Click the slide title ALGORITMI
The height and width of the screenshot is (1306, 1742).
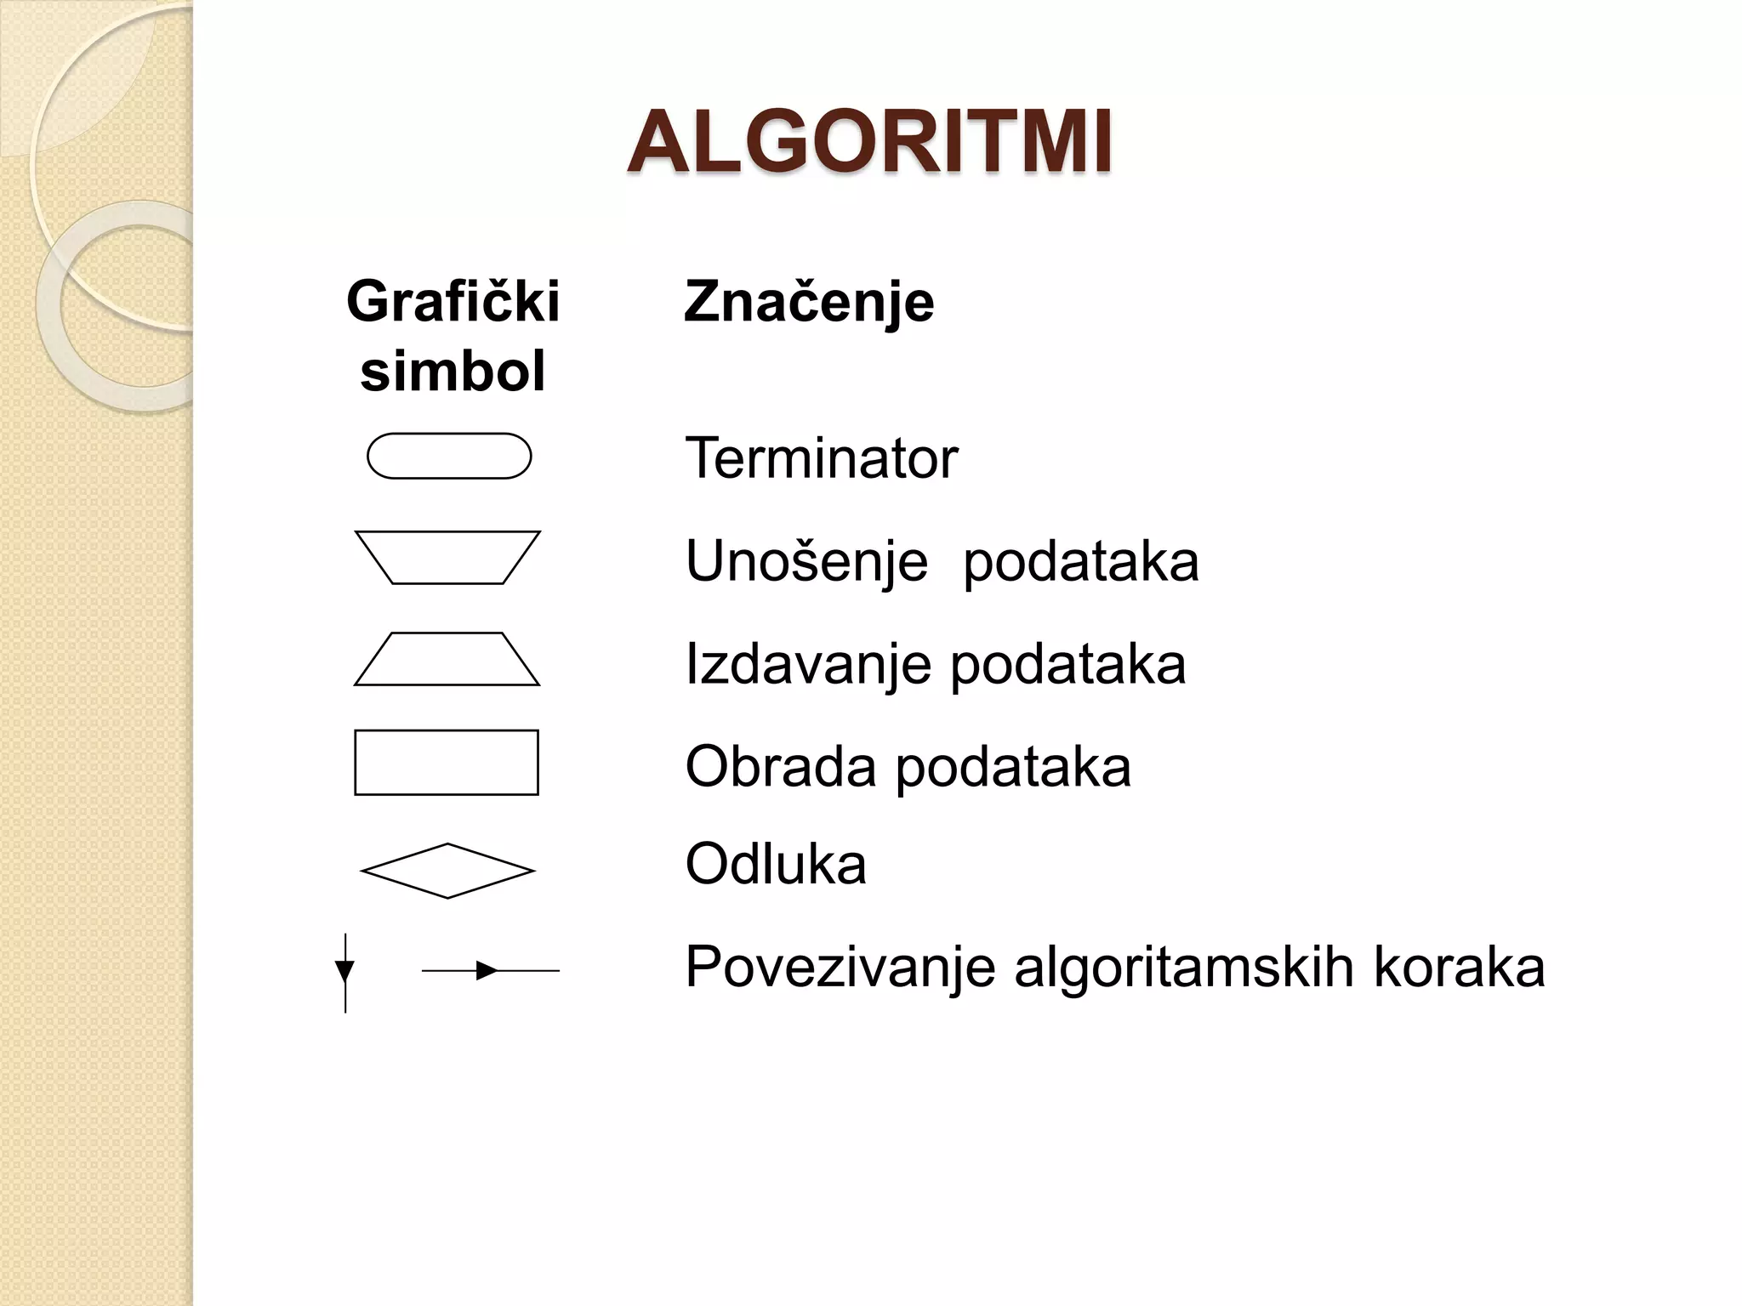point(869,143)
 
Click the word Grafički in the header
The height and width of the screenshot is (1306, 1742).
point(453,301)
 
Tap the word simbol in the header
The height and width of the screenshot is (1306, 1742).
point(453,372)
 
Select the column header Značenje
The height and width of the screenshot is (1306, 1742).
point(809,301)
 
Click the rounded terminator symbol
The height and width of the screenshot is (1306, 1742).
point(449,457)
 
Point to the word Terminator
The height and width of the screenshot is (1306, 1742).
point(821,458)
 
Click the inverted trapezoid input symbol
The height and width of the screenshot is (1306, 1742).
point(447,558)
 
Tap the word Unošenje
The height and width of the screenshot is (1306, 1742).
point(806,562)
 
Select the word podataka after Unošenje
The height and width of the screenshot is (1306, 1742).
point(1080,562)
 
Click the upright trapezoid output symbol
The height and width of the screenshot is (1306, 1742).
point(447,660)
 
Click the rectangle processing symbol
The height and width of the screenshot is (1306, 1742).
point(447,763)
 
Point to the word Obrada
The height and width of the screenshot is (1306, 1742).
point(780,766)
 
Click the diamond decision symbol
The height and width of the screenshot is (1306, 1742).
point(447,871)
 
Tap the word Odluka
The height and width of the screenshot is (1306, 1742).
point(776,865)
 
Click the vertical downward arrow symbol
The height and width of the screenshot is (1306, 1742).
point(345,973)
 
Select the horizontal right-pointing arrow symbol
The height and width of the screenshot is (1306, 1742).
point(490,970)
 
